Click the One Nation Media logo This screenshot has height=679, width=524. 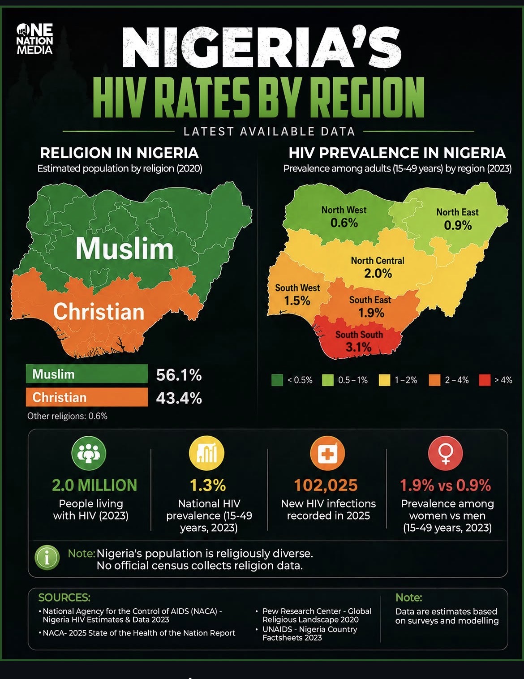(x=34, y=39)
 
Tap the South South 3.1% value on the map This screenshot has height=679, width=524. (x=358, y=347)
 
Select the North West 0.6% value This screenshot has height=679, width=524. (x=344, y=223)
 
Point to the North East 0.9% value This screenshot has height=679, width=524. (x=458, y=225)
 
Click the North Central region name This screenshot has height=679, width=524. (x=378, y=260)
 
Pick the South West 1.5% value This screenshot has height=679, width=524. (x=297, y=301)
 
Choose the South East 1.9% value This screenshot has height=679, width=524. (x=371, y=313)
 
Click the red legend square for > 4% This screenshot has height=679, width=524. (x=484, y=380)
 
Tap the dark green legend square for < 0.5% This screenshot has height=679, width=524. (x=277, y=380)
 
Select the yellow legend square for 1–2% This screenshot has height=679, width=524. (x=384, y=380)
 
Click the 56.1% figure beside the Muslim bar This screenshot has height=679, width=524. (x=179, y=374)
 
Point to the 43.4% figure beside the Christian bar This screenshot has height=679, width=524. (x=179, y=398)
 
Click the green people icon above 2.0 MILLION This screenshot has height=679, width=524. (x=89, y=453)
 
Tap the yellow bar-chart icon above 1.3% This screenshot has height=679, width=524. (x=206, y=453)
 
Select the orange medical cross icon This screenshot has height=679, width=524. (x=327, y=453)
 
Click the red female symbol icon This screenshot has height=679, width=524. (x=445, y=453)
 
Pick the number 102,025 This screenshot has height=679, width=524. (x=326, y=485)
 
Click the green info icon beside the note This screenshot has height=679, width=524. (x=47, y=558)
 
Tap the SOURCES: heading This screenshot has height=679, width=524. (x=64, y=597)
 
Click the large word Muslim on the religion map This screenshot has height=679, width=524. (x=125, y=249)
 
